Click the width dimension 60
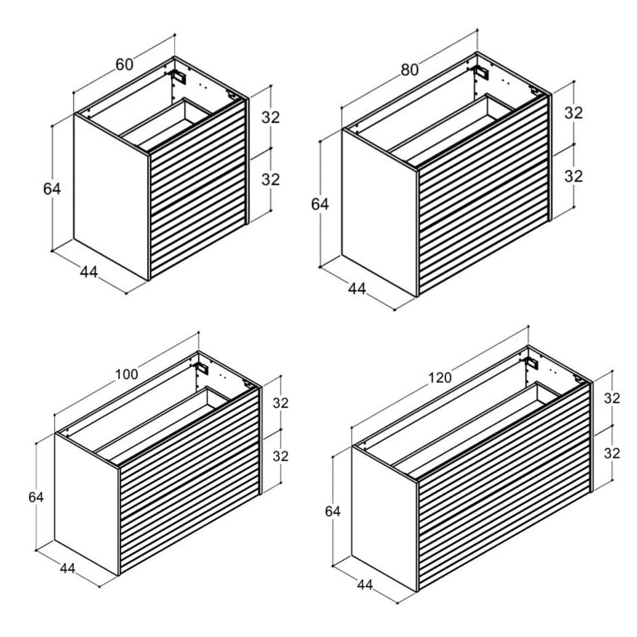124,65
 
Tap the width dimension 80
410,70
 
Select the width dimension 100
127,374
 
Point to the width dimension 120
440,378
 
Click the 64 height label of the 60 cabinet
52,189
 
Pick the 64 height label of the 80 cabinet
320,204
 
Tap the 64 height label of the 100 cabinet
36,497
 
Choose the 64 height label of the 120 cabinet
333,511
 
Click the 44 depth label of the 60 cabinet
88,272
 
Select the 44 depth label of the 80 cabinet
357,288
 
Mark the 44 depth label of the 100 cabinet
67,568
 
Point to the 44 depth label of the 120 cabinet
365,584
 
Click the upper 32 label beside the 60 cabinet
271,117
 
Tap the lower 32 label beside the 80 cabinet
574,176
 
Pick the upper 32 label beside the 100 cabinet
280,403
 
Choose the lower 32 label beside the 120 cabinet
612,453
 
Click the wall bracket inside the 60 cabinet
179,76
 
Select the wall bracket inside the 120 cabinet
531,363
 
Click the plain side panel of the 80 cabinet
380,212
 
